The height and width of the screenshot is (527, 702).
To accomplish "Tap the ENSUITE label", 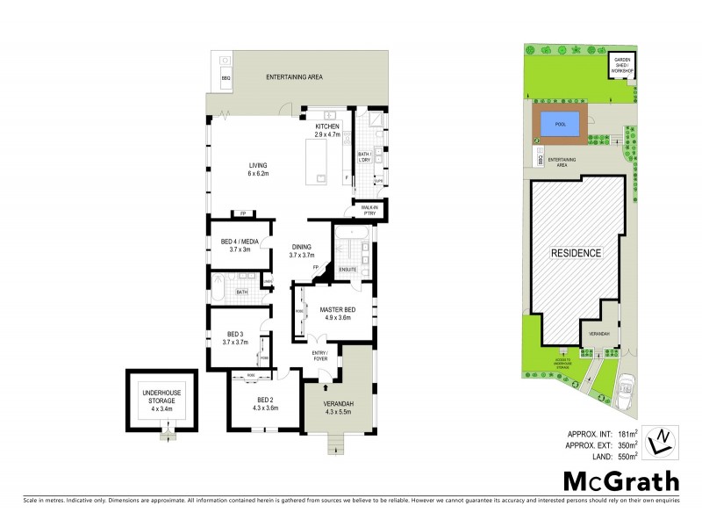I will [348, 269].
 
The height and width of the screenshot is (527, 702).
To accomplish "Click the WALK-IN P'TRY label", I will [368, 210].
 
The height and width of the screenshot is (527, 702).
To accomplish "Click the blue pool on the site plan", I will [561, 125].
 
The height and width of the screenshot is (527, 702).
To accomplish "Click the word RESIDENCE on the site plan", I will [576, 253].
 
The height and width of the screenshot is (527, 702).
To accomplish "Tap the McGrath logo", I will [620, 480].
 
